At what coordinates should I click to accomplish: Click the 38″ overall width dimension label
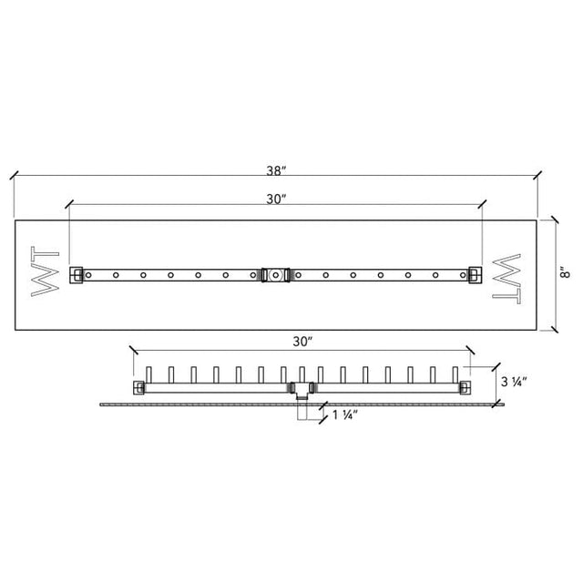(x=276, y=170)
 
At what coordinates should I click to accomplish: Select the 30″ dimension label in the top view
(x=276, y=199)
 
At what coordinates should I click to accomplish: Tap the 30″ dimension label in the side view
(x=302, y=342)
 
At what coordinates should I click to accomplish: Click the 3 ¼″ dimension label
(x=514, y=382)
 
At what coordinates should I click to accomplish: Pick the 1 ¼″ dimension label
(x=345, y=414)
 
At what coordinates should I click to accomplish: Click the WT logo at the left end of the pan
(x=45, y=271)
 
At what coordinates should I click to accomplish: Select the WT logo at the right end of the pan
(x=506, y=279)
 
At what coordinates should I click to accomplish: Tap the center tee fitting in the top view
(x=275, y=275)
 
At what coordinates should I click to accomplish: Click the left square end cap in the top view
(x=77, y=275)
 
